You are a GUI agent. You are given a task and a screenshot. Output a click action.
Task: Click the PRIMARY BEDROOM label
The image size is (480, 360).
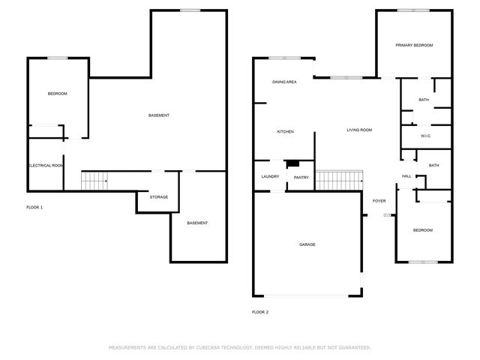pyautogui.click(x=414, y=45)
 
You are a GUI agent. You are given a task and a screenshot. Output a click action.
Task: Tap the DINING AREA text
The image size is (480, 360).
pyautogui.click(x=284, y=82)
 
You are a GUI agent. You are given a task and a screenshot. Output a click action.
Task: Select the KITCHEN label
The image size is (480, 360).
pyautogui.click(x=285, y=132)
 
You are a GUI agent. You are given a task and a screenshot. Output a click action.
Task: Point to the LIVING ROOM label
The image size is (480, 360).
pyautogui.click(x=359, y=130)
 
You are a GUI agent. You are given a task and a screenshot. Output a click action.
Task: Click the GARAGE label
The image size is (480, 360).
pyautogui.click(x=307, y=244)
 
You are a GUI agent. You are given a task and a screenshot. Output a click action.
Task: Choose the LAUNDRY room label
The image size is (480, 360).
pyautogui.click(x=270, y=177)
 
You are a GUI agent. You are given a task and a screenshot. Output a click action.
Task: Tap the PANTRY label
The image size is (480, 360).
pyautogui.click(x=301, y=178)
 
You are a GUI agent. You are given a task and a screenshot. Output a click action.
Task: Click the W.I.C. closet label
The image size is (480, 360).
pyautogui.click(x=426, y=136)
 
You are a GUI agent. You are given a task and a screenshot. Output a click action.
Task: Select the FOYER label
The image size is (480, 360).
pyautogui.click(x=379, y=201)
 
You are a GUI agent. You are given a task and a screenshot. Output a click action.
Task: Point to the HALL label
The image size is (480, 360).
pyautogui.click(x=406, y=176)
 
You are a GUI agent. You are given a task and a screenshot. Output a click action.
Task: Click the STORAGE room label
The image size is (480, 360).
pyautogui.click(x=159, y=197)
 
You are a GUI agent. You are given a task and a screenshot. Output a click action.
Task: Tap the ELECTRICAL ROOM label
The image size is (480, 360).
pyautogui.click(x=46, y=166)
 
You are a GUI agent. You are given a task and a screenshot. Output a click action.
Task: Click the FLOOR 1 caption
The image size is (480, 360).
pyautogui.click(x=34, y=208)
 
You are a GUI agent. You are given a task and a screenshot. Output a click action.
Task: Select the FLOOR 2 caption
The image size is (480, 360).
pyautogui.click(x=260, y=312)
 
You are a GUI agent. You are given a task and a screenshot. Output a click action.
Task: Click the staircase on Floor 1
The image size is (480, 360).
pyautogui.click(x=94, y=181)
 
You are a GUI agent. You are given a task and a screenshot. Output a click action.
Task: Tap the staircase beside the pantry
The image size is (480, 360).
pyautogui.click(x=339, y=180)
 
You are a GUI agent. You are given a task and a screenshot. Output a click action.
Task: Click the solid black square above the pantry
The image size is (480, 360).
pyautogui.click(x=292, y=163)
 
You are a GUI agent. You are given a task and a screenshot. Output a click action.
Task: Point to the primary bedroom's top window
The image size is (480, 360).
pyautogui.click(x=413, y=10)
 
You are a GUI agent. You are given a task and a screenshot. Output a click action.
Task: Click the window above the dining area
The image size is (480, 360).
pyautogui.click(x=285, y=58)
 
